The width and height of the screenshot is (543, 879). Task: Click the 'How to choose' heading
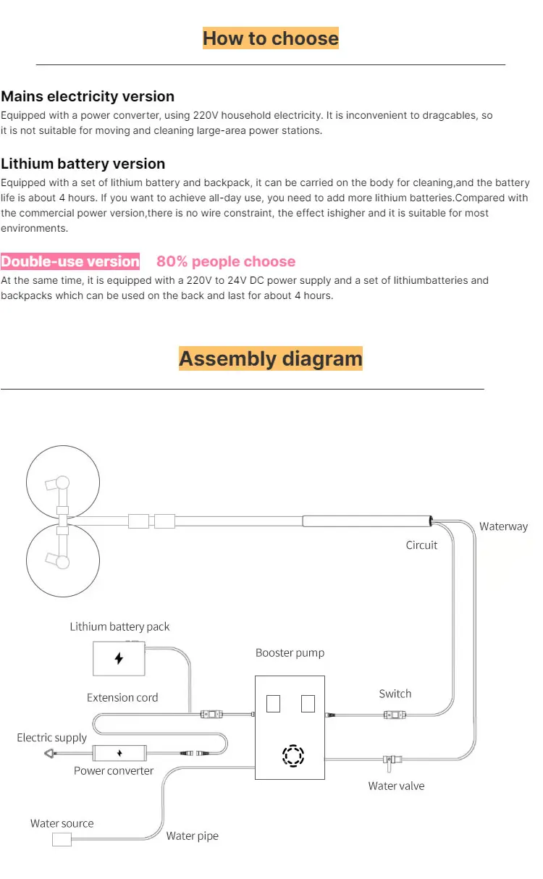point(270,38)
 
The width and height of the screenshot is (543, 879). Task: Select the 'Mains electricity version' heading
point(88,96)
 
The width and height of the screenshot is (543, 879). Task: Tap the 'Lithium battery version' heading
point(83,164)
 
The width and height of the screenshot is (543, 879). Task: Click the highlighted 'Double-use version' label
point(70,261)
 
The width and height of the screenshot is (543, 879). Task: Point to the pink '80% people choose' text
point(226,261)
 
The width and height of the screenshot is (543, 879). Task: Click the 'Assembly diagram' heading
point(270,358)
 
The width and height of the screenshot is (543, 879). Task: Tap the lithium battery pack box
point(119,659)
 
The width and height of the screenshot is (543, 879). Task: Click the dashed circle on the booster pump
point(293,755)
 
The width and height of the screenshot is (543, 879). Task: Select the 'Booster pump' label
point(290,652)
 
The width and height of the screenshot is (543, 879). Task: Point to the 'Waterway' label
point(503,526)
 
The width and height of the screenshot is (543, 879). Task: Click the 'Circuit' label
point(421,544)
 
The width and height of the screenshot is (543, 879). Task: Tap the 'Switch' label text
point(395,694)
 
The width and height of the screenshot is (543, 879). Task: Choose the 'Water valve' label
point(396,786)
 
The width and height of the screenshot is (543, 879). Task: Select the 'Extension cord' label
point(122,697)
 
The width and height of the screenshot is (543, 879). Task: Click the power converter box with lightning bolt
point(119,753)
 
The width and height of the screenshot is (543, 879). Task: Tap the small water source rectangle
point(62,839)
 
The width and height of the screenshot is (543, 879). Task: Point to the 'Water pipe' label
point(192,836)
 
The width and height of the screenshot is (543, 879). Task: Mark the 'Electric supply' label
point(51,737)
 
